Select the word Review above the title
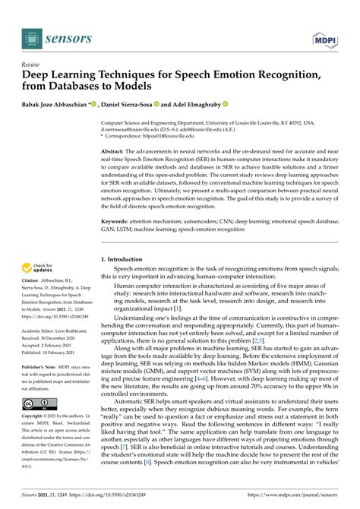[x=31, y=64]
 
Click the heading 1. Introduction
[x=127, y=260]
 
